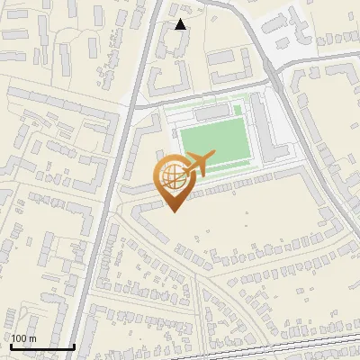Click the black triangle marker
point(180,24)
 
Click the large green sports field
point(216,145)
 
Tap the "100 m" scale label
point(23,338)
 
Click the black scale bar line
point(41,346)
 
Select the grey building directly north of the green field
point(213,114)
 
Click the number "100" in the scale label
point(19,338)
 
